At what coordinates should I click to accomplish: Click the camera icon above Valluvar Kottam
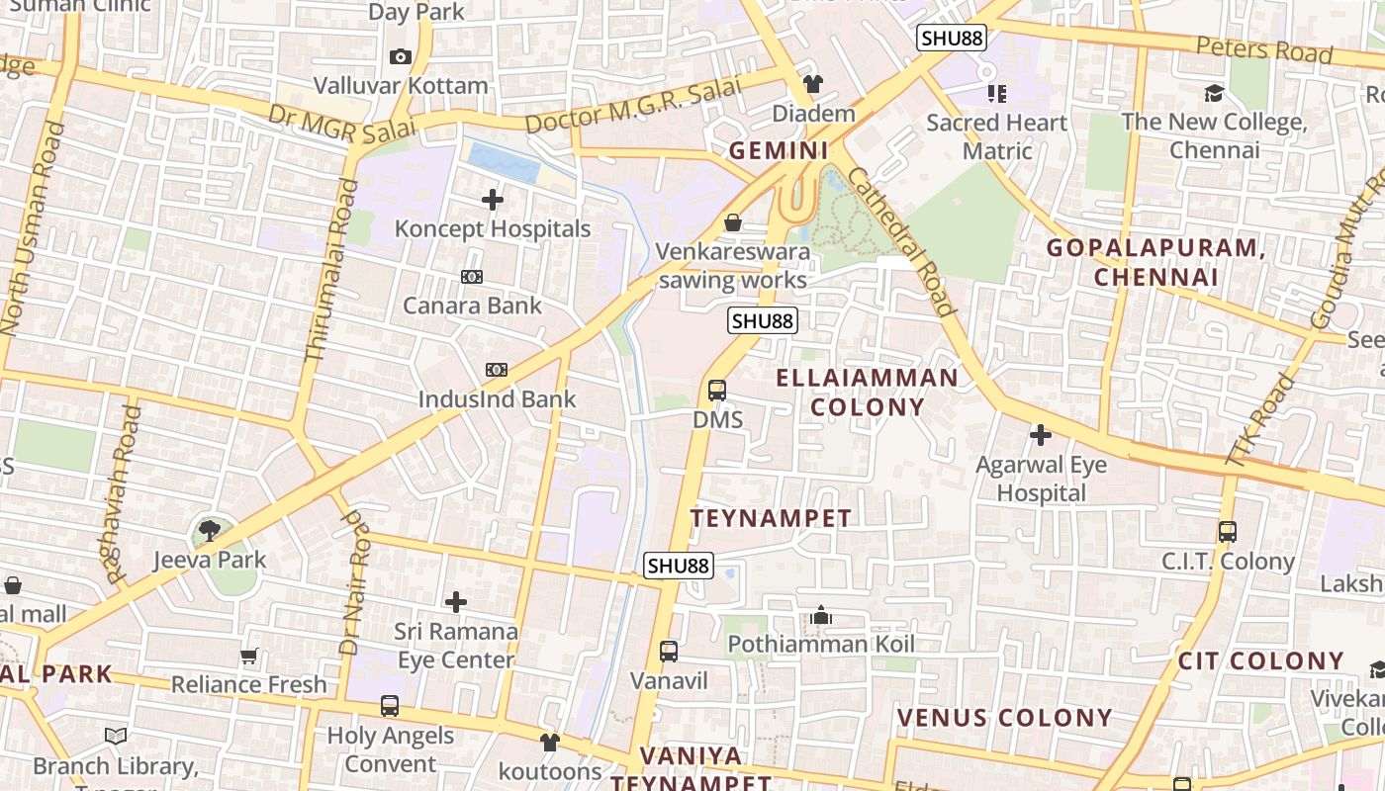(400, 57)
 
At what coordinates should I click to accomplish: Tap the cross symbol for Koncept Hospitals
(492, 201)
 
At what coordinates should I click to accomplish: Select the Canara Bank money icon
(472, 278)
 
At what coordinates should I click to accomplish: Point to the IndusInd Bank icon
(497, 370)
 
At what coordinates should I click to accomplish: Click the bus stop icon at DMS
(717, 391)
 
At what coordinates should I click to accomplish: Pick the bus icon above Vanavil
(669, 652)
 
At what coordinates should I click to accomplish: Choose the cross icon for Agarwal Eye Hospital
(1041, 435)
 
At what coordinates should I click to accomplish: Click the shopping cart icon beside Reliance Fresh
(249, 657)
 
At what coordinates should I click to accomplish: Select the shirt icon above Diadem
(813, 84)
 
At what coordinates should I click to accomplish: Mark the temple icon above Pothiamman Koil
(821, 616)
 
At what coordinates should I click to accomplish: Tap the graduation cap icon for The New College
(1214, 94)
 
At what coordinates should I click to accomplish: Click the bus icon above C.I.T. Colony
(1228, 532)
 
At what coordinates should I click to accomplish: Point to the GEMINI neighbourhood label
(779, 151)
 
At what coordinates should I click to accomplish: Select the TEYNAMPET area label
(771, 518)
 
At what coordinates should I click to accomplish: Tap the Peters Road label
(1264, 48)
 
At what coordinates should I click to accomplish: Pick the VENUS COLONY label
(1004, 718)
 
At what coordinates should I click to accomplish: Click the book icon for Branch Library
(116, 737)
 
